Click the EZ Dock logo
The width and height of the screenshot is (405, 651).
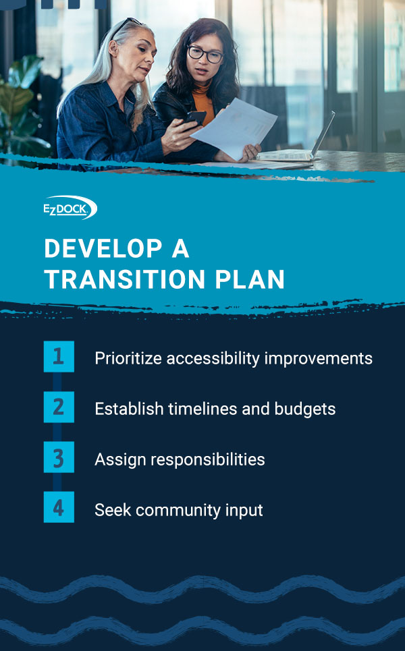tap(70, 208)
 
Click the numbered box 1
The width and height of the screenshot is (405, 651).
tap(59, 357)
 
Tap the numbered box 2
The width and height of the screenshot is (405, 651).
tap(59, 407)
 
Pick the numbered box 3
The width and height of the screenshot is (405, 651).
tap(59, 458)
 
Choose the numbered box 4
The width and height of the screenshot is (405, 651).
tap(59, 508)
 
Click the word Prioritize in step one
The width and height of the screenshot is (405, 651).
tap(128, 358)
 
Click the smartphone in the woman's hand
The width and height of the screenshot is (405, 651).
tap(195, 120)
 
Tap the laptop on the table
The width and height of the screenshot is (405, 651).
tap(304, 146)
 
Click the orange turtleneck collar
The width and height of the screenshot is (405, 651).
tap(202, 99)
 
